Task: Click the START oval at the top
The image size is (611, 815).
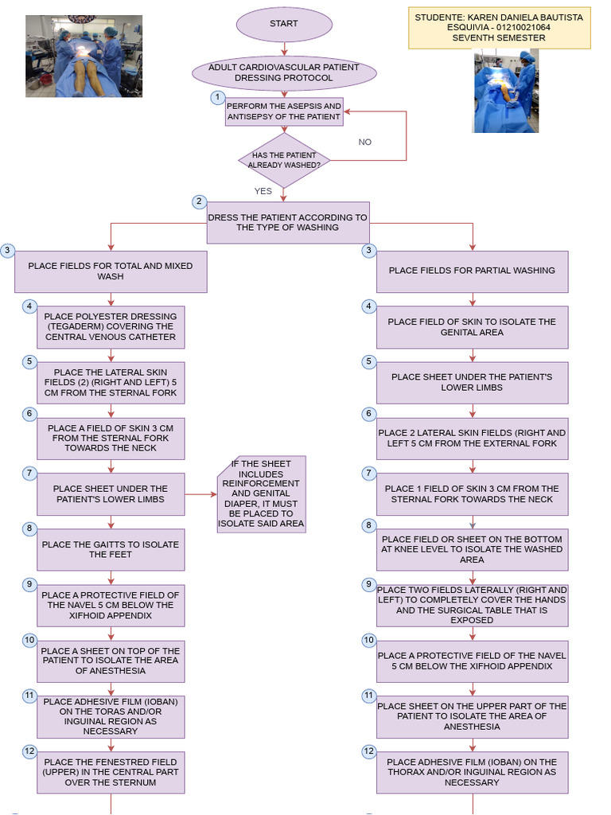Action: click(x=283, y=24)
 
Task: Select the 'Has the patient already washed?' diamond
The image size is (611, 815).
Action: click(x=284, y=160)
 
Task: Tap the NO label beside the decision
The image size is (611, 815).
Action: click(x=364, y=142)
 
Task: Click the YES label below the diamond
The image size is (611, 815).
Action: click(x=263, y=191)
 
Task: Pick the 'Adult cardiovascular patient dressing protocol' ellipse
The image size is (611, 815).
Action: click(x=284, y=73)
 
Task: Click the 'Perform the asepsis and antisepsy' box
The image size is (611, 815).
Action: click(x=284, y=111)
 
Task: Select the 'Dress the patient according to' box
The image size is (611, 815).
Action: click(x=288, y=222)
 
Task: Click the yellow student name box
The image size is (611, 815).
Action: click(x=499, y=28)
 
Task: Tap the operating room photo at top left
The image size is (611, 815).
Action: click(x=84, y=56)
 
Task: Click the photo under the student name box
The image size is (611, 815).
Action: click(x=505, y=91)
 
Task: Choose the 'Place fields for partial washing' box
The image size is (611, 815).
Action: click(x=472, y=271)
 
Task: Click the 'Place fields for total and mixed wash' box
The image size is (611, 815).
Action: click(x=111, y=271)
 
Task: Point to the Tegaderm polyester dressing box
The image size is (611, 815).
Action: click(x=111, y=327)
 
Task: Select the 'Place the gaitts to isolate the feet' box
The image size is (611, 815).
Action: click(x=111, y=550)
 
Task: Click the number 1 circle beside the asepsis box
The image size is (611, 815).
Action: click(x=217, y=98)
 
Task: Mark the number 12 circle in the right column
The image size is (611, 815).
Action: click(x=368, y=751)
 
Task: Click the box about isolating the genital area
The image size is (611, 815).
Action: click(x=472, y=327)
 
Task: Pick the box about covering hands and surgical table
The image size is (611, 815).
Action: click(x=472, y=605)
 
